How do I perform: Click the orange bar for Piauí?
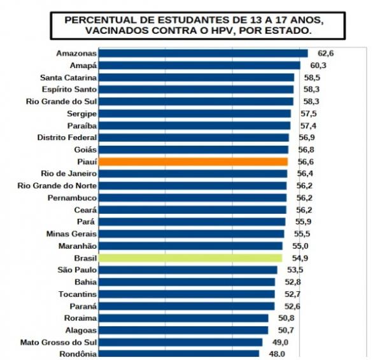pyautogui.click(x=194, y=162)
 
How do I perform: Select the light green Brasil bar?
pyautogui.click(x=191, y=258)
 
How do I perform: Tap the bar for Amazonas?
pyautogui.click(x=204, y=53)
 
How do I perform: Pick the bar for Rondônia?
pyautogui.click(x=180, y=354)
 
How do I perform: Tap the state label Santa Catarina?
pyautogui.click(x=68, y=78)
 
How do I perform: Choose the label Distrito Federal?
pyautogui.click(x=67, y=137)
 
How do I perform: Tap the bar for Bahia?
pyautogui.click(x=187, y=282)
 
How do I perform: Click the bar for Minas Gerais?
pyautogui.click(x=192, y=233)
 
